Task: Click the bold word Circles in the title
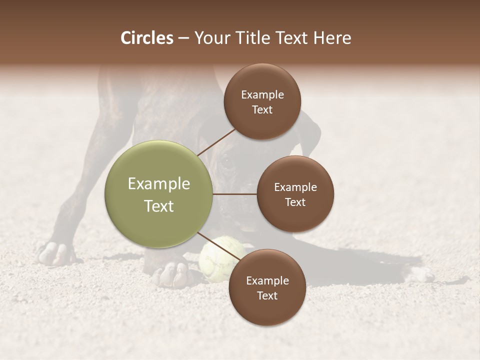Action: coord(146,38)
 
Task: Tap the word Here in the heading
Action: coord(332,38)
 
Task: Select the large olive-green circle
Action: coord(159,194)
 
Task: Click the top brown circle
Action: coord(262,101)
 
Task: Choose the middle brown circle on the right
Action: coord(295,194)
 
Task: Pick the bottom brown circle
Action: coord(267,287)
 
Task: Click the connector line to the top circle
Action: coord(216,142)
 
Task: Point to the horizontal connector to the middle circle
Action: coord(234,194)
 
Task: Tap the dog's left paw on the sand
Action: coord(55,253)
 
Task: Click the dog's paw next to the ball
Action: coord(172,274)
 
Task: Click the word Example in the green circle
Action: coord(159,184)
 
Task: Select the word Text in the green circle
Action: coord(159,206)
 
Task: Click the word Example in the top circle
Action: coord(262,94)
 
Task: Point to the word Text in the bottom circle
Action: coord(267,295)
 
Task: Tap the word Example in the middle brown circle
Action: coord(295,187)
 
